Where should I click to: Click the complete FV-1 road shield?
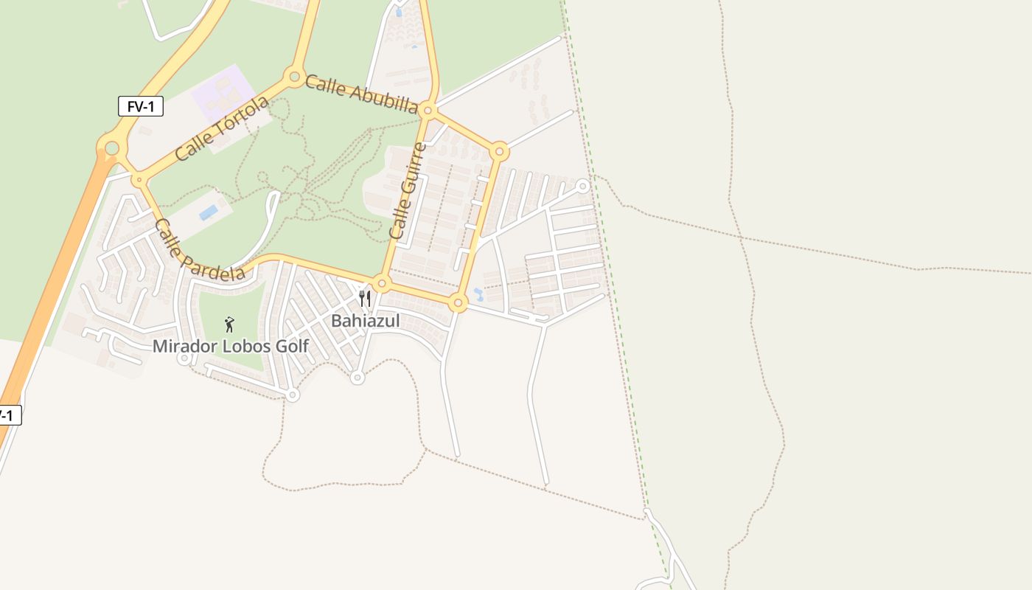140,106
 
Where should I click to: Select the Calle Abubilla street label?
361,94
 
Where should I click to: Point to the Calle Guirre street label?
408,190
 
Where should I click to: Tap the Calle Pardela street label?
199,251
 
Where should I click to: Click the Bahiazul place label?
365,321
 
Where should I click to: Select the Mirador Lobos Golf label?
230,346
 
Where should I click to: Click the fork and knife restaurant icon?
365,299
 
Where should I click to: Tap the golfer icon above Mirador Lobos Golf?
229,324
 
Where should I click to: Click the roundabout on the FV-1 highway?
111,148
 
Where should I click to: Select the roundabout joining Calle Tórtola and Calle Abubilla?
294,76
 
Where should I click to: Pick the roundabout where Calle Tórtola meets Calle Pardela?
139,179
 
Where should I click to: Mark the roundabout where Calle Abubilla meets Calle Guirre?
428,111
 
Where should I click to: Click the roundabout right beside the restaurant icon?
381,283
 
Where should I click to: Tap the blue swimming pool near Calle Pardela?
209,212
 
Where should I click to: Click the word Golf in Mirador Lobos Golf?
291,346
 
